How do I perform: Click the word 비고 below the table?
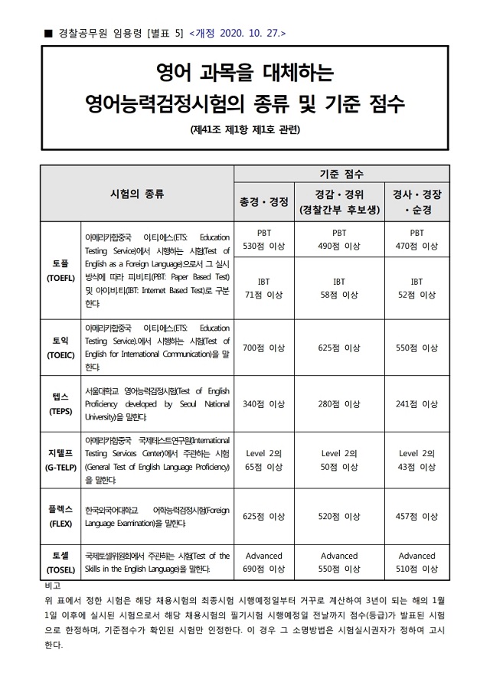[x=54, y=585]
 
